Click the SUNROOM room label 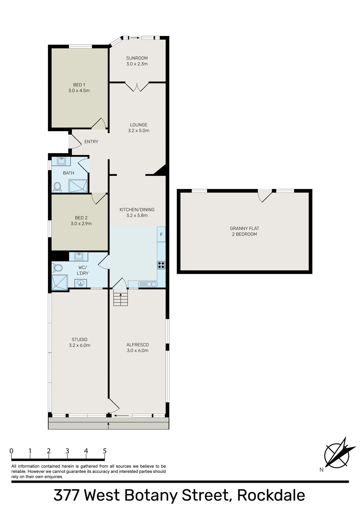click(137, 58)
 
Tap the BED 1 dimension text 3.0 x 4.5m click(79, 91)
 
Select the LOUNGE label click(138, 125)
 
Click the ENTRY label click(91, 142)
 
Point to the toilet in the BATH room click(57, 187)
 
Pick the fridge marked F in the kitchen click(161, 234)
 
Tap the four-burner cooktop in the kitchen click(161, 265)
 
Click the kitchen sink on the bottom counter click(148, 284)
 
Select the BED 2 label click(81, 218)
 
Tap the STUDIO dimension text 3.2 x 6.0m click(80, 345)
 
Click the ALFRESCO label click(137, 345)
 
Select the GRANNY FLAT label click(244, 229)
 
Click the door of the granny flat click(265, 196)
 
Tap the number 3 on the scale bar click(67, 451)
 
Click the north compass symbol click(337, 455)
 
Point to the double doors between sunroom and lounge click(137, 87)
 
